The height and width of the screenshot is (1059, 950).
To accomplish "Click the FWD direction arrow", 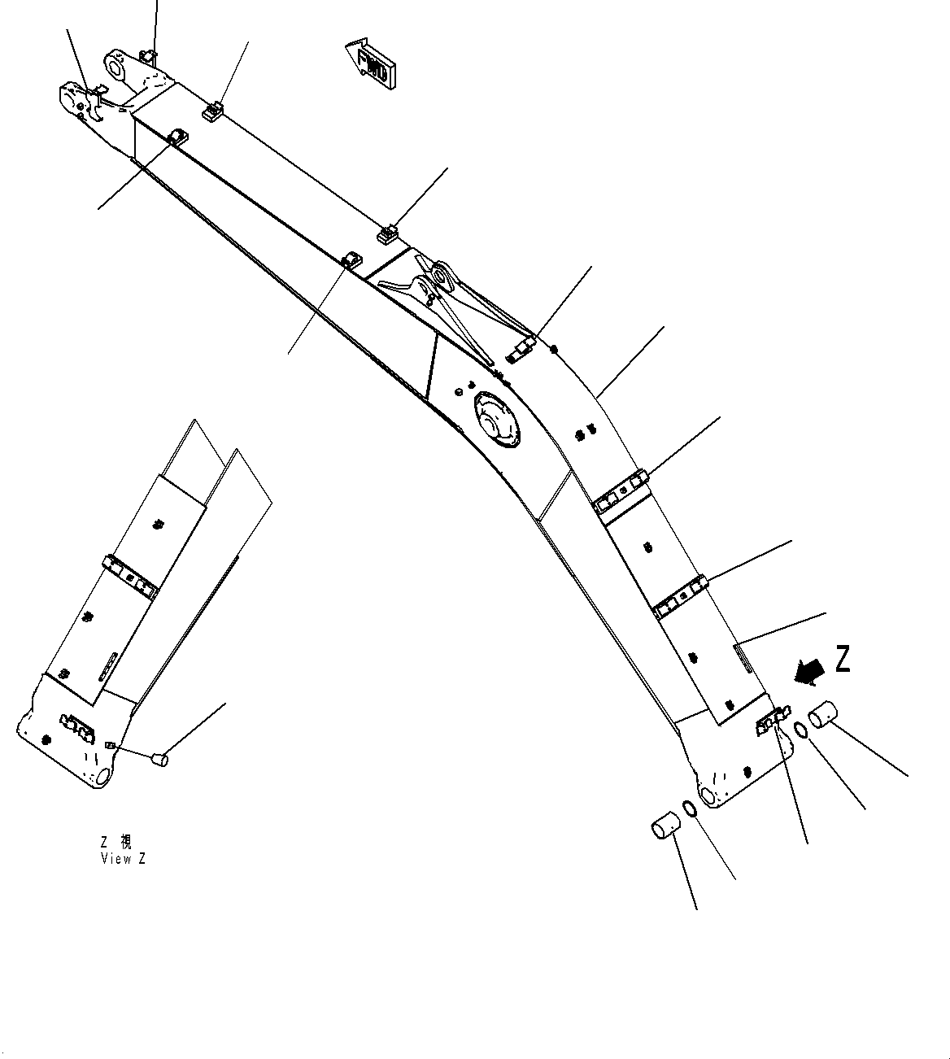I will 370,63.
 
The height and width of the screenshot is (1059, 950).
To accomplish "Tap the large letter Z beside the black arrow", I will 842,658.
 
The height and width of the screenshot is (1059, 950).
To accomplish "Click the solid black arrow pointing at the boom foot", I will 810,669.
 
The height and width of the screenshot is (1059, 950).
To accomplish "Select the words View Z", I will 124,859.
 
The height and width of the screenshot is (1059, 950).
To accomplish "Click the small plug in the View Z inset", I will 159,760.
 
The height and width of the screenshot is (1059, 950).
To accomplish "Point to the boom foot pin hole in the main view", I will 707,795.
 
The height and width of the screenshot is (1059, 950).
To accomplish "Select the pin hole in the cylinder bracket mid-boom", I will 443,278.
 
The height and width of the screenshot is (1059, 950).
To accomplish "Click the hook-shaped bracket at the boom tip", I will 91,104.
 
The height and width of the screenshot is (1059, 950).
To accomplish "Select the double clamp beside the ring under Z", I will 769,724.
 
